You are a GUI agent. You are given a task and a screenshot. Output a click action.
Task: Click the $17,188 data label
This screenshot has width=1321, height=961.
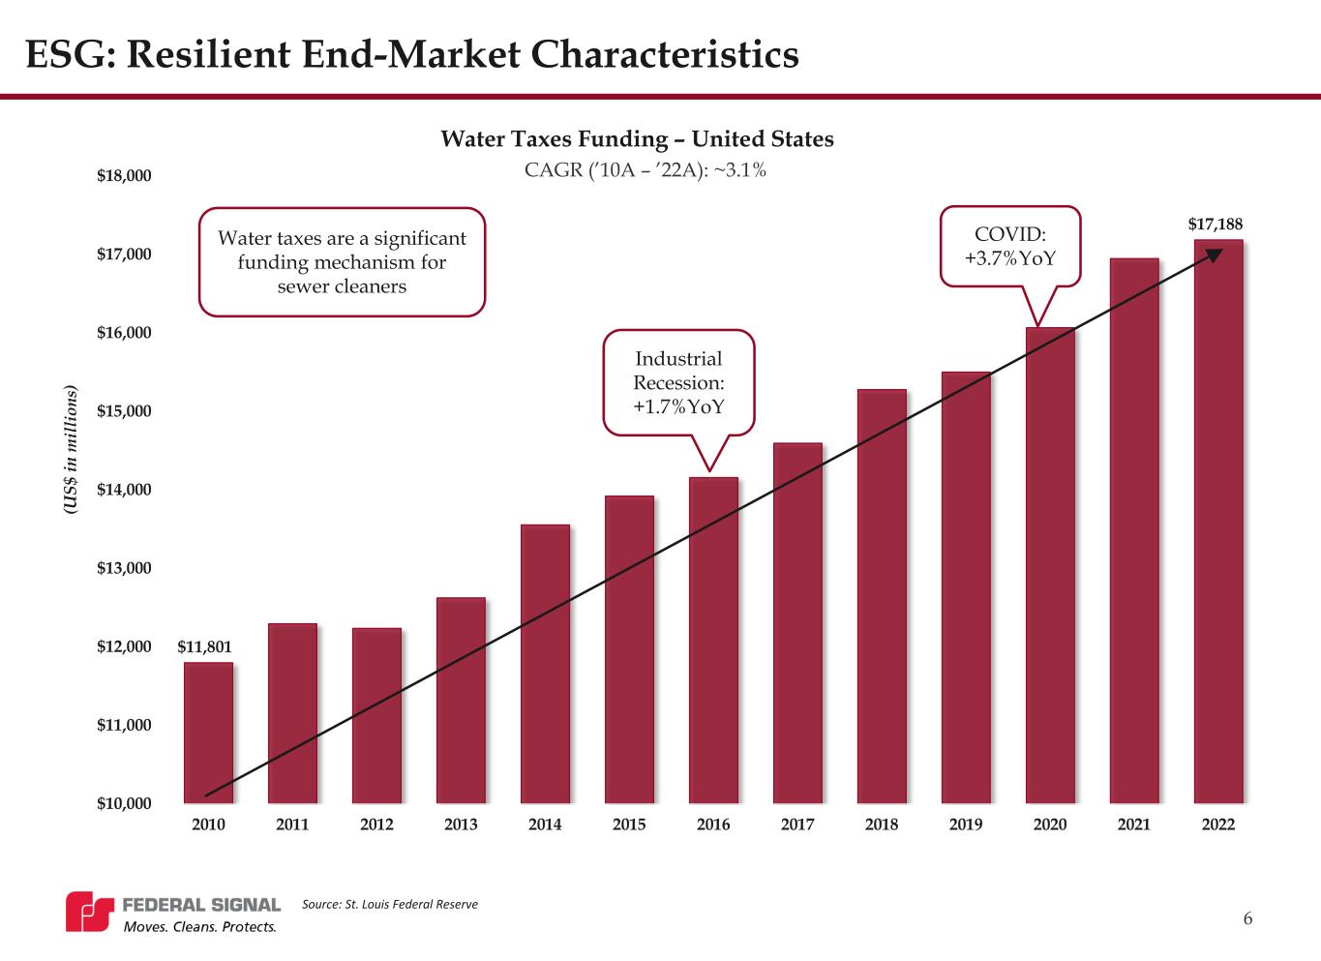[x=1216, y=225]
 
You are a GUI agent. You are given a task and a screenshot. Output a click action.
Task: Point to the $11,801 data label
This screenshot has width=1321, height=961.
[x=205, y=646]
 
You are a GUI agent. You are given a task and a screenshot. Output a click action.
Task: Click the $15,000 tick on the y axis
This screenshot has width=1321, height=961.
[x=124, y=411]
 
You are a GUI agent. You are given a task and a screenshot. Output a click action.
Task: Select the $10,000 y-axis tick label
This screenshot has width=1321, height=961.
[x=124, y=803]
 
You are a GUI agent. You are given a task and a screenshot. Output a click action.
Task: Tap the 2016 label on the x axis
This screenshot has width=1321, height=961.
[x=713, y=825]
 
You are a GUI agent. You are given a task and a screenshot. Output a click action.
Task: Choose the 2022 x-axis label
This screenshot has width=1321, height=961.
[x=1218, y=825]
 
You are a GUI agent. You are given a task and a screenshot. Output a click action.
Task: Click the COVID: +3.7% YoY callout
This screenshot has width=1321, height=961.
[x=1010, y=247]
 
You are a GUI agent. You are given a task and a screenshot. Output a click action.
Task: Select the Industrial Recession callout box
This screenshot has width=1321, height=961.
[x=678, y=382]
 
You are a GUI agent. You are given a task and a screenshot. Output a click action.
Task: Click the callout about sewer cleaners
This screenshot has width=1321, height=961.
[x=342, y=262]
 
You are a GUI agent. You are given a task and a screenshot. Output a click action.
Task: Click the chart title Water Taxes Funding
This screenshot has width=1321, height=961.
[x=637, y=139]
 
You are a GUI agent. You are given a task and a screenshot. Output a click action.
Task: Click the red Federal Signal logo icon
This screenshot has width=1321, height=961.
[x=89, y=912]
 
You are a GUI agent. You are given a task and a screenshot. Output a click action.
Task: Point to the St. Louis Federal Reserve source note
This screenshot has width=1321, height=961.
[x=390, y=904]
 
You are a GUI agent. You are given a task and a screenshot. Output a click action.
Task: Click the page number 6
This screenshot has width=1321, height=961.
[x=1247, y=918]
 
